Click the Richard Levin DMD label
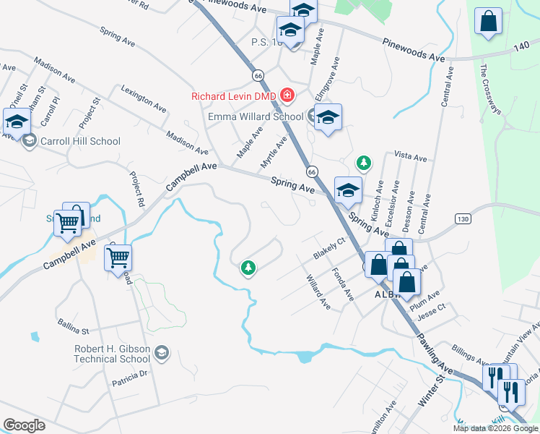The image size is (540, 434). [x=234, y=96]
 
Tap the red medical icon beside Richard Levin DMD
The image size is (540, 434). [x=287, y=95]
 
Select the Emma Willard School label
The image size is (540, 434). [x=256, y=116]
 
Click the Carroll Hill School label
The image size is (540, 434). [x=81, y=141]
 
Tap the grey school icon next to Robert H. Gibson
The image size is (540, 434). [x=162, y=353]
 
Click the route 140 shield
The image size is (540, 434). [x=521, y=45]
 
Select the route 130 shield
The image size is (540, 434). [x=463, y=218]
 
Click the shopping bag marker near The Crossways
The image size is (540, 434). [x=489, y=22]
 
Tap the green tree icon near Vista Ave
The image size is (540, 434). [x=365, y=161]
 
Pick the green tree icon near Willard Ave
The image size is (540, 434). [x=248, y=268]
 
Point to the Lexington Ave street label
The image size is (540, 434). [x=144, y=100]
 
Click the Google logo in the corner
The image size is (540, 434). [x=24, y=425]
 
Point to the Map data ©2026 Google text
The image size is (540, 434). [x=495, y=428]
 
